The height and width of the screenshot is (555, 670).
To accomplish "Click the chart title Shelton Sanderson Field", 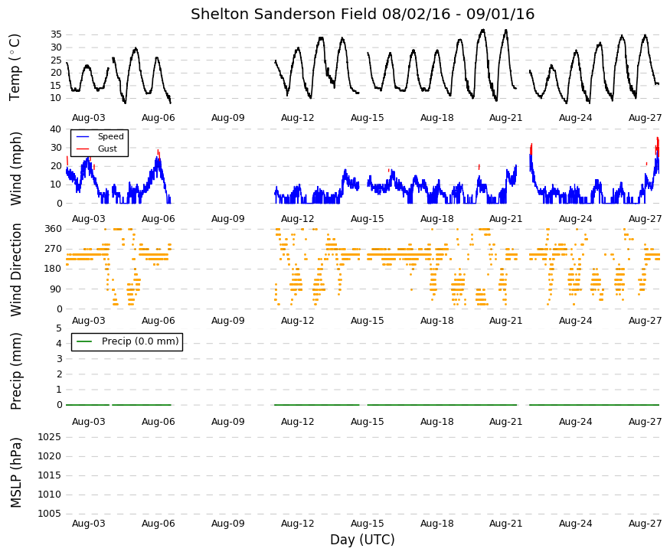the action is click(285, 14).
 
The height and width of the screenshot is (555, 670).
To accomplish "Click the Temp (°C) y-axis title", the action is click(15, 67).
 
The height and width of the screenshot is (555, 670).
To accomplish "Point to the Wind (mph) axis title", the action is click(15, 168).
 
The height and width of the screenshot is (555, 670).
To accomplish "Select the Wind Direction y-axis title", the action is click(16, 269).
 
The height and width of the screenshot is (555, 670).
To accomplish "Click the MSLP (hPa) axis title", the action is click(15, 472).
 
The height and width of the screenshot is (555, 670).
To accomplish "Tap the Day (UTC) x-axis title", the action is click(362, 540).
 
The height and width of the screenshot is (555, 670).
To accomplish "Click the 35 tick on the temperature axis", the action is click(56, 34).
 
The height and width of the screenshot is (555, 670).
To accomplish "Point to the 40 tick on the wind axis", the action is click(56, 129).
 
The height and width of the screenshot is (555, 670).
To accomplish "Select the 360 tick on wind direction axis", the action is click(54, 229).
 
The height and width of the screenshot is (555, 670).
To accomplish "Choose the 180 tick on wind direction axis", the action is click(54, 269).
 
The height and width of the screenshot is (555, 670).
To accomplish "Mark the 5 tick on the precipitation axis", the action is click(59, 328).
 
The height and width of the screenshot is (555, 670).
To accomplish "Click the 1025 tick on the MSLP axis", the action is click(50, 436).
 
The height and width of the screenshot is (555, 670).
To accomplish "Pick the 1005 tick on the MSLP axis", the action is click(50, 513).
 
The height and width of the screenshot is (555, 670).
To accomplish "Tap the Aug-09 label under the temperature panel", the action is click(227, 118).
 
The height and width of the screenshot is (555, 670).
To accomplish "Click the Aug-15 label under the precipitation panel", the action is click(367, 422).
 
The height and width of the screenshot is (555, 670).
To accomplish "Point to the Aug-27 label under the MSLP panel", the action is click(645, 524).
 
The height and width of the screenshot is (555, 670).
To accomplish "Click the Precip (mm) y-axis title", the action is click(15, 371).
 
